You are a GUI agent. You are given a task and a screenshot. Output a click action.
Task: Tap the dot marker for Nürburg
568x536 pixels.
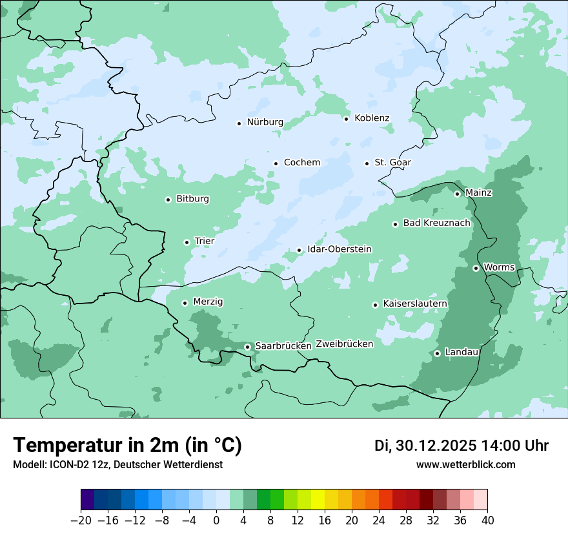239,123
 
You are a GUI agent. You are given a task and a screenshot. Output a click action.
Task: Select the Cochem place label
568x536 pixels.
301,163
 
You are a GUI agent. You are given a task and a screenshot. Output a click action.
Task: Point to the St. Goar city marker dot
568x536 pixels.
367,163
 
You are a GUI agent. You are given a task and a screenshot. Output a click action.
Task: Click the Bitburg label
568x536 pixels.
192,199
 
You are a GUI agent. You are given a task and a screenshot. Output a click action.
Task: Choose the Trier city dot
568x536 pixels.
187,242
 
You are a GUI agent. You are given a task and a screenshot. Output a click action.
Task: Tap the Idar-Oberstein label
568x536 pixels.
340,249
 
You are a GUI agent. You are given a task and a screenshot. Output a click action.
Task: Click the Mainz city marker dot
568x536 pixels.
457,194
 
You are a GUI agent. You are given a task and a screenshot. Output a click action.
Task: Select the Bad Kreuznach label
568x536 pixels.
436,223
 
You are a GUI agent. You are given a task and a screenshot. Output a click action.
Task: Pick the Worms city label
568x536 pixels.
498,267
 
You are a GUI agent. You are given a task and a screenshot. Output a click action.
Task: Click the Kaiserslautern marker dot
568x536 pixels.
375,305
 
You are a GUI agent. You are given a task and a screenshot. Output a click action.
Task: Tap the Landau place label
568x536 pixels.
462,353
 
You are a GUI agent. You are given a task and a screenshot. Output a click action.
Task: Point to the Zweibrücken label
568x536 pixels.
344,344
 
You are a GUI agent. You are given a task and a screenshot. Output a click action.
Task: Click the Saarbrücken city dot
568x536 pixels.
247,347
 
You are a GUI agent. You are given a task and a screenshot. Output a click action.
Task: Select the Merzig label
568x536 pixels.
208,302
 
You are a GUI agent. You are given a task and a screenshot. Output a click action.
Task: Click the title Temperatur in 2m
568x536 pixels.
127,446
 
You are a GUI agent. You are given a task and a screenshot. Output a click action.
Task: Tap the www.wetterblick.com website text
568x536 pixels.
465,465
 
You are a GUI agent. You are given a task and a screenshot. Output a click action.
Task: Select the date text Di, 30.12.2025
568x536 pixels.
425,446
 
